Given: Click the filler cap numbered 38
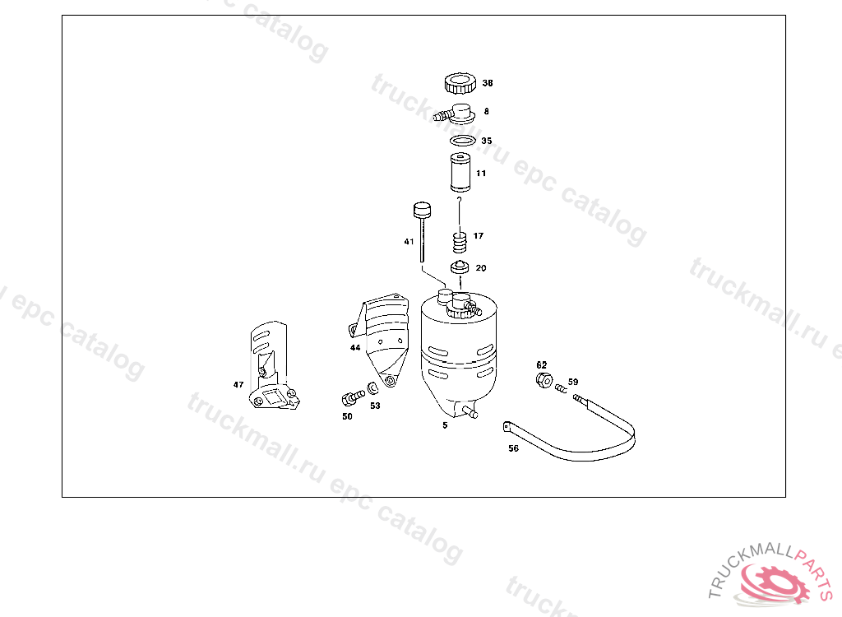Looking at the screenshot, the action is pyautogui.click(x=460, y=83).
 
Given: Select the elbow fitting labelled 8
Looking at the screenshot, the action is pyautogui.click(x=456, y=114).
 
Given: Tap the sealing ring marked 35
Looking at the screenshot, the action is pyautogui.click(x=463, y=141).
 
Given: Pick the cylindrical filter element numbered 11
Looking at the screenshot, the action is pyautogui.click(x=460, y=173).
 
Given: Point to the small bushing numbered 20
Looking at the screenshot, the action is pyautogui.click(x=460, y=267).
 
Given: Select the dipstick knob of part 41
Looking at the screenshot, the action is pyautogui.click(x=422, y=210).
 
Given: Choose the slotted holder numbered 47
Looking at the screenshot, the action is pyautogui.click(x=274, y=367).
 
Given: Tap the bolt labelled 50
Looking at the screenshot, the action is pyautogui.click(x=352, y=397).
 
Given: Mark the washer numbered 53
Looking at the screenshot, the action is pyautogui.click(x=372, y=388).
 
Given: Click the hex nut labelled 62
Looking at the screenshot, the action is pyautogui.click(x=544, y=380).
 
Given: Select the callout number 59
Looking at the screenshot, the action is pyautogui.click(x=573, y=383).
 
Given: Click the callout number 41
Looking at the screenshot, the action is pyautogui.click(x=409, y=242).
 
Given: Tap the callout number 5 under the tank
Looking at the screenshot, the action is pyautogui.click(x=445, y=425).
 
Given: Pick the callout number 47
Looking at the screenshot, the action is pyautogui.click(x=238, y=385).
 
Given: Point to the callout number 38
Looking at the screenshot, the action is pyautogui.click(x=488, y=83).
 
